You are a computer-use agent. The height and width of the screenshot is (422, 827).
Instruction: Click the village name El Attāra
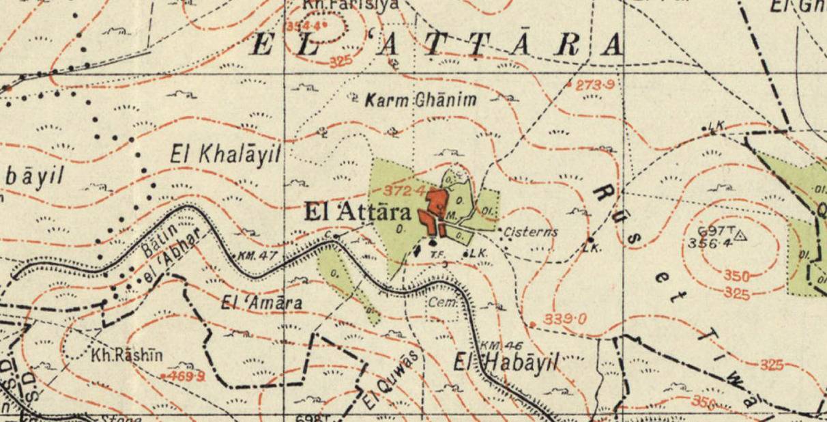click(358, 212)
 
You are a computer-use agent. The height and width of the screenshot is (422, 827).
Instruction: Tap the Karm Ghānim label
click(420, 101)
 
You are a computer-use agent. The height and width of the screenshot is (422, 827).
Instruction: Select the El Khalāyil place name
click(225, 154)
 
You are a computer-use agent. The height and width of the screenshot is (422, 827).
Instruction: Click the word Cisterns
click(531, 232)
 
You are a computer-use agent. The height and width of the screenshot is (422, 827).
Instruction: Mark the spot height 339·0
click(565, 319)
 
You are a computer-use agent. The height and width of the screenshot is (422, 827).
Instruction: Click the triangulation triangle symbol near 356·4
click(742, 237)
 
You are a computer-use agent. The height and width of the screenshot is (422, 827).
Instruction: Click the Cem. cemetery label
click(442, 301)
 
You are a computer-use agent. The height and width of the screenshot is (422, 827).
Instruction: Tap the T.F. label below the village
click(437, 254)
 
